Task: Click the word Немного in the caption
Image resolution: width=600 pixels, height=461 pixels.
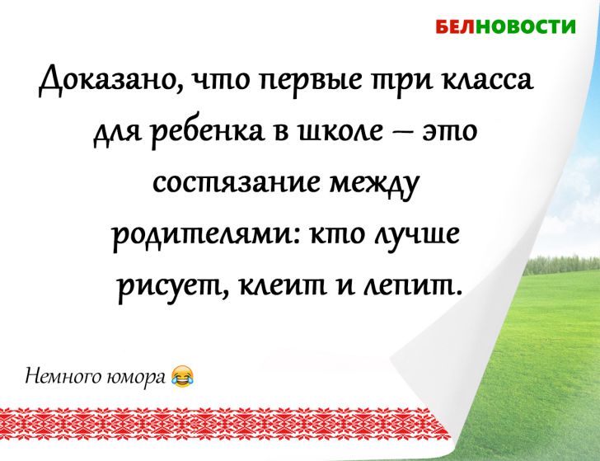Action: pyautogui.click(x=56, y=376)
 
